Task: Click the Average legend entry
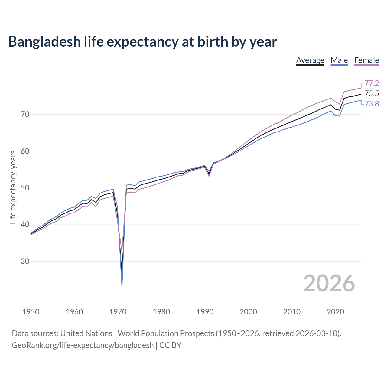click(310, 60)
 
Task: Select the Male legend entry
click(339, 60)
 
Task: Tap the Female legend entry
click(366, 60)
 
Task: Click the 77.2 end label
click(372, 83)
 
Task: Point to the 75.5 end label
click(372, 93)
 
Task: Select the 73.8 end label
click(372, 104)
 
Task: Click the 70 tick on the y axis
click(25, 114)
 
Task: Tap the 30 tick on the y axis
click(25, 261)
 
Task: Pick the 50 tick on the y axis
click(25, 188)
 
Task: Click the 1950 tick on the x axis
click(31, 312)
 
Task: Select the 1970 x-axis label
click(118, 312)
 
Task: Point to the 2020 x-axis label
click(335, 312)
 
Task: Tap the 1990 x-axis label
click(205, 312)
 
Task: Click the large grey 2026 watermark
click(329, 283)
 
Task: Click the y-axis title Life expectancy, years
click(13, 188)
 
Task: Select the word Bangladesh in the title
click(44, 42)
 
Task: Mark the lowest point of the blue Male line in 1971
click(122, 287)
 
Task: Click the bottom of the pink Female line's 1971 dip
click(122, 251)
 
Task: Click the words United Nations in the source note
click(86, 333)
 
